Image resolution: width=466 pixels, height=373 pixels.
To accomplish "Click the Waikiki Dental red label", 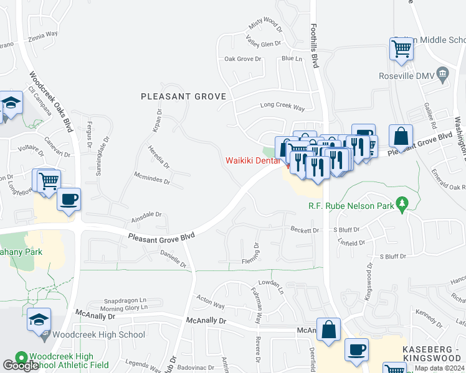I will point(252,160).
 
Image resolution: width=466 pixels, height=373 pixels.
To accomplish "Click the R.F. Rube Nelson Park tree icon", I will point(402,205).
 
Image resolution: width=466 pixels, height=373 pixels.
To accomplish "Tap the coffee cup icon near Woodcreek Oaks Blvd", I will point(69,201).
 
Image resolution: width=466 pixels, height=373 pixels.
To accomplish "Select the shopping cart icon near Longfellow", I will point(49,181).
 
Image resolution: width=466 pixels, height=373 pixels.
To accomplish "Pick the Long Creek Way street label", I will point(282,108).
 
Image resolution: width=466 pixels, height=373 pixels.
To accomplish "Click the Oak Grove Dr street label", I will point(243,59).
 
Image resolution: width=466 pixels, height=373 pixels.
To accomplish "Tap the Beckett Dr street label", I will point(305,229).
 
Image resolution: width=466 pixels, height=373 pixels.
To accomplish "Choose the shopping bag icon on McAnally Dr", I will point(328,330).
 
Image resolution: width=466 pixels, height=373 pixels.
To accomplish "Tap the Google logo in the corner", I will point(21,366).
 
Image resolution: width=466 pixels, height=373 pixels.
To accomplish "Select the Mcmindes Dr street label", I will point(149,178).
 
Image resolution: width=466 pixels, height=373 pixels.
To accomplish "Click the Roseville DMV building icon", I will point(442,76).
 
